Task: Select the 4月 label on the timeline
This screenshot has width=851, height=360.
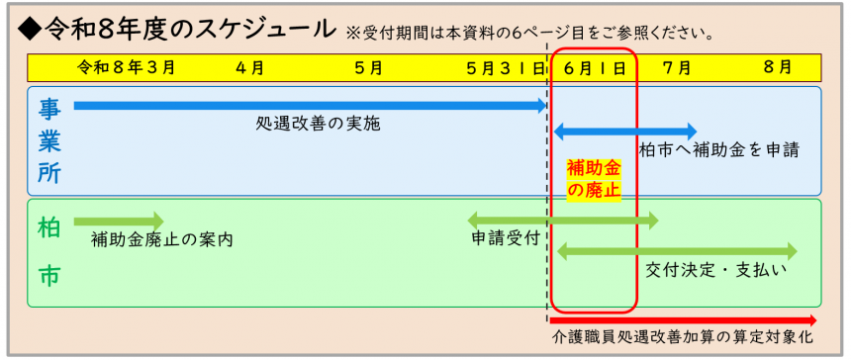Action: tap(250, 67)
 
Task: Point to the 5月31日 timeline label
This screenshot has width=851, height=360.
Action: tap(506, 67)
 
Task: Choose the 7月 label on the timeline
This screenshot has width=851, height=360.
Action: tap(677, 67)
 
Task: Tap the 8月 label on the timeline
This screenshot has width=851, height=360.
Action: tap(778, 67)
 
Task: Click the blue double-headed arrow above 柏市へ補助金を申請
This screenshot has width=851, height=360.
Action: tap(625, 131)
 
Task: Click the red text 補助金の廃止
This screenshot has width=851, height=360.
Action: tap(593, 179)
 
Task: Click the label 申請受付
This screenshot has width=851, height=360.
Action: tap(505, 238)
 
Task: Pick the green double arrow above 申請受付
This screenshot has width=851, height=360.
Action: tap(561, 220)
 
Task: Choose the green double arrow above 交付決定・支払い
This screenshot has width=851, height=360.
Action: tap(677, 251)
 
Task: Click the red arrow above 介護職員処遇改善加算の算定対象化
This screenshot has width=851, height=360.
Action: tap(683, 319)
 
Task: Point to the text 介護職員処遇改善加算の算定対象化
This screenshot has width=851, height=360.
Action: tap(682, 339)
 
